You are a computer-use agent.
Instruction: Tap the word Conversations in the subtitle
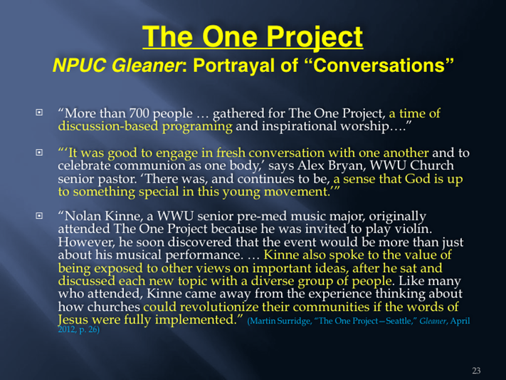(x=380, y=65)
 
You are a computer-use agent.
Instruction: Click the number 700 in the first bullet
(x=139, y=113)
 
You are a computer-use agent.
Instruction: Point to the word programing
(x=197, y=127)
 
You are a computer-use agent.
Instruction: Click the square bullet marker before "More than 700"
(x=39, y=113)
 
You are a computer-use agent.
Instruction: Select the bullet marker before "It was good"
(x=39, y=153)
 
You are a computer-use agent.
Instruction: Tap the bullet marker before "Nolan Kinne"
(x=39, y=215)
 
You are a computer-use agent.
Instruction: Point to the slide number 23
(x=476, y=371)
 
